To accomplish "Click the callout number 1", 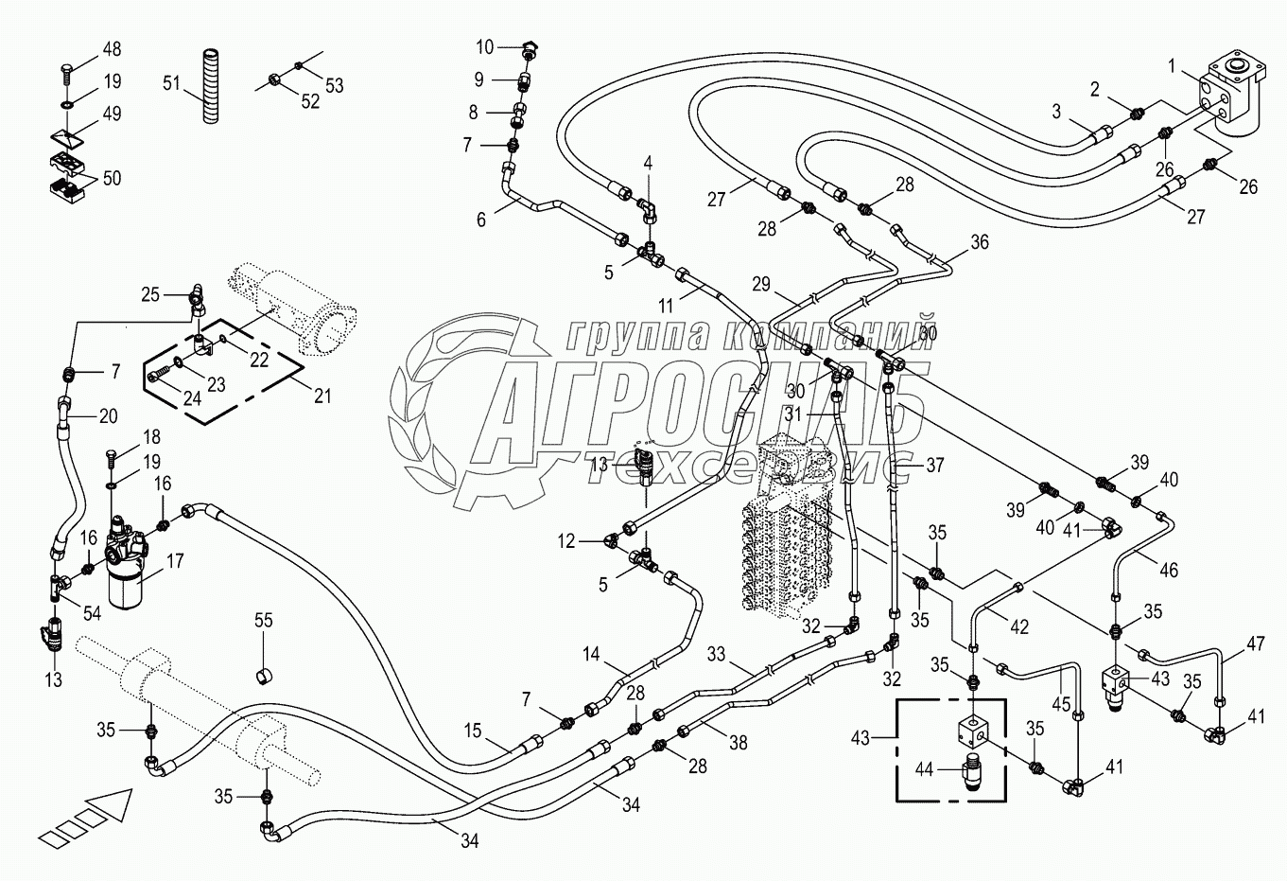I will (1172, 66).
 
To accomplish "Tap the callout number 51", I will (171, 83).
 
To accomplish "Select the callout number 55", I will (263, 621).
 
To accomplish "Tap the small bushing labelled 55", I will (265, 674).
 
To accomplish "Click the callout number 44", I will (924, 769).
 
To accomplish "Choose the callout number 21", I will (322, 396).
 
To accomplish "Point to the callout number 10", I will (484, 47).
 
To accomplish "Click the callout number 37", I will (934, 465).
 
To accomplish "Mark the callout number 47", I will (1255, 644).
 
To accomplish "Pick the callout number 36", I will (979, 242).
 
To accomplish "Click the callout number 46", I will (1169, 571).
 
